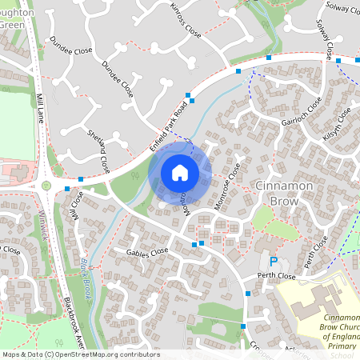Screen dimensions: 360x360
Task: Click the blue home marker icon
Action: pyautogui.click(x=180, y=173)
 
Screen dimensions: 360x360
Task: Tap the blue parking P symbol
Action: pyautogui.click(x=274, y=262)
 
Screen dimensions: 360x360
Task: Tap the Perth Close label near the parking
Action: pyautogui.click(x=277, y=276)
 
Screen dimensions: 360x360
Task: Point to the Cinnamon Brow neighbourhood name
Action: pyautogui.click(x=287, y=193)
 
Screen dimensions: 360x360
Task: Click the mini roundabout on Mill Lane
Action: pyautogui.click(x=46, y=186)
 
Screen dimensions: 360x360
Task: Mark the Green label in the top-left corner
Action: pyautogui.click(x=12, y=25)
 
